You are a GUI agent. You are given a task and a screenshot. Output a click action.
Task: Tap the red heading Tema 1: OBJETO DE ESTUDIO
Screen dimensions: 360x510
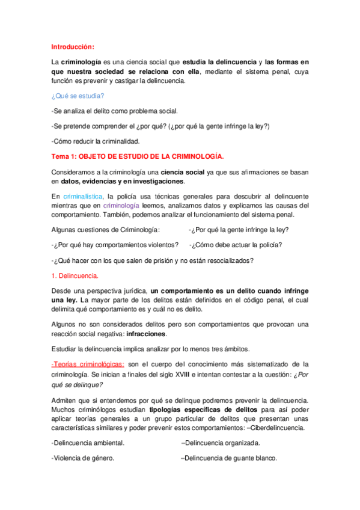pyautogui.click(x=137, y=157)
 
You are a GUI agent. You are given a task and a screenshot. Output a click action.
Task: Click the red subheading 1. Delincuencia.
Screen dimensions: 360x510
pyautogui.click(x=75, y=275)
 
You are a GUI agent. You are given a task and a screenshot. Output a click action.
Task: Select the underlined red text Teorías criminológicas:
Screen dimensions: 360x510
pyautogui.click(x=88, y=364)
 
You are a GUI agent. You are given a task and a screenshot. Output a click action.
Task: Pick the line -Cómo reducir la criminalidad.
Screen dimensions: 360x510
pyautogui.click(x=95, y=141)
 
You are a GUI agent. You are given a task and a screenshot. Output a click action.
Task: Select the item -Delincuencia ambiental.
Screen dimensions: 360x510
pyautogui.click(x=88, y=443)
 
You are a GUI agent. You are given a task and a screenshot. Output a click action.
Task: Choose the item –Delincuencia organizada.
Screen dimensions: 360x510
pyautogui.click(x=221, y=443)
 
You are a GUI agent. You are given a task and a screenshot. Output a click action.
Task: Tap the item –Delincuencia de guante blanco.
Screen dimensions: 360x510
pyautogui.click(x=229, y=458)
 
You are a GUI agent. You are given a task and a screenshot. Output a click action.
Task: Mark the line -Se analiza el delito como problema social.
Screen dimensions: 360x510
pyautogui.click(x=115, y=111)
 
